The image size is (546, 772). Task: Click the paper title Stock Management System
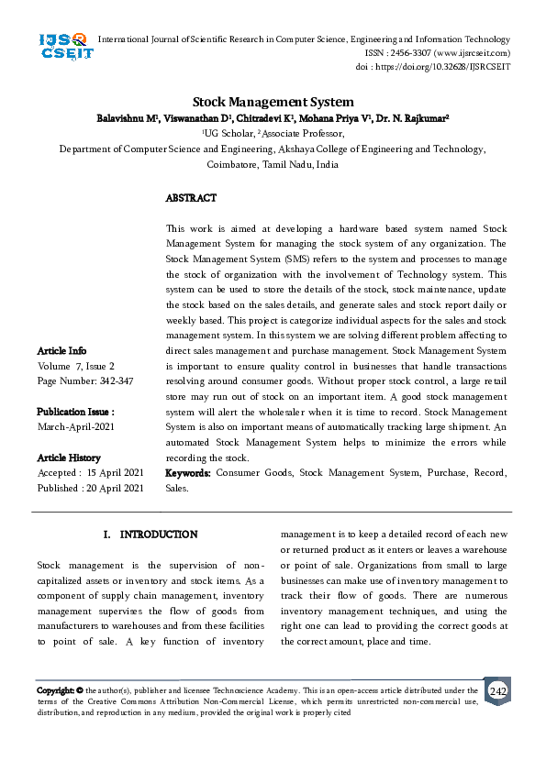(273, 103)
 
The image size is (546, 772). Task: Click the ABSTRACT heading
(191, 198)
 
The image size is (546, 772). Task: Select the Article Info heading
(61, 351)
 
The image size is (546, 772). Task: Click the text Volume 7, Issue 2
(75, 366)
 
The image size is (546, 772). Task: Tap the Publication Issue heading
(75, 413)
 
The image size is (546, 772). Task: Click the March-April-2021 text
(76, 427)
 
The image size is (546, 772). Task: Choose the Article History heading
(69, 458)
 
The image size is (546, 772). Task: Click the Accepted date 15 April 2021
(90, 473)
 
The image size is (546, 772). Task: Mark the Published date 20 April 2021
(90, 488)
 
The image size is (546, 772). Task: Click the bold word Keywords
(188, 473)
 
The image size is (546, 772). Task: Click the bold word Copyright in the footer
(54, 690)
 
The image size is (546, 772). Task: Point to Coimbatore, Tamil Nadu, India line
(273, 164)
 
